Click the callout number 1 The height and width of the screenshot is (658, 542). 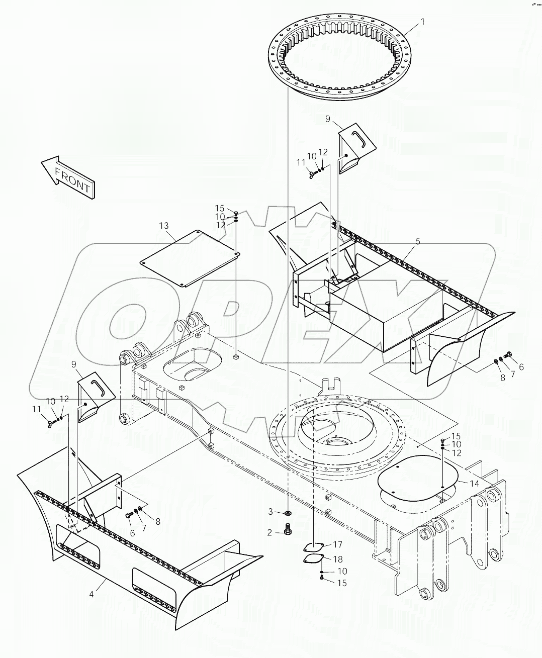coord(422,22)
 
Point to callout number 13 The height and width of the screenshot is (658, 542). coord(164,226)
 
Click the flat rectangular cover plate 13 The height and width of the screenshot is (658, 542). coord(190,259)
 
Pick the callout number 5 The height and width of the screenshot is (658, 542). coord(417,242)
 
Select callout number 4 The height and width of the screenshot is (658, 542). coord(92,595)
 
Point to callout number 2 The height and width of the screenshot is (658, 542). coord(270,532)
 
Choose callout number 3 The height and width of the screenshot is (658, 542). coord(270,512)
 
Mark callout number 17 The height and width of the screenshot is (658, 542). coord(337,544)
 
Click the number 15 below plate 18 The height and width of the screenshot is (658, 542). coord(341,583)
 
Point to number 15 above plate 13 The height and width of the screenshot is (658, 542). coord(220,208)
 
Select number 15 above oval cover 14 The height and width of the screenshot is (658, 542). coord(456,436)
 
